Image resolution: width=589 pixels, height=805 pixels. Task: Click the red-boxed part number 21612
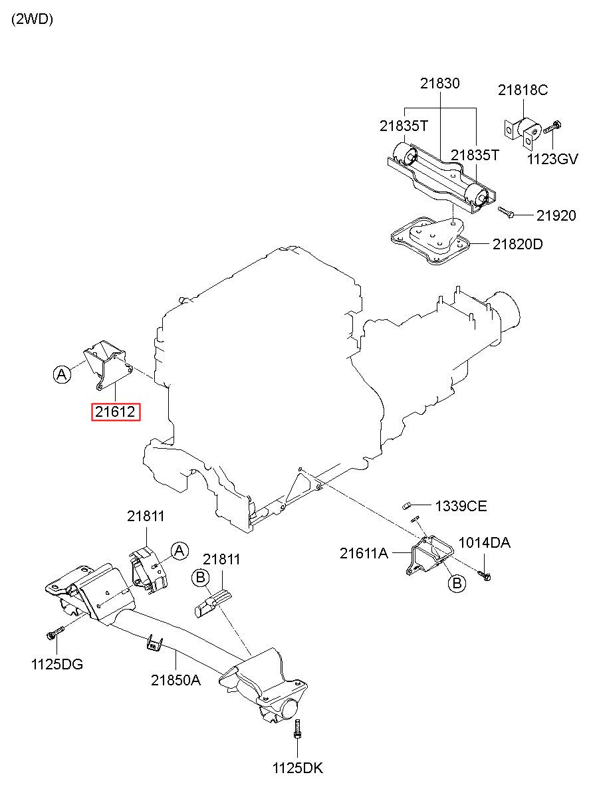(116, 412)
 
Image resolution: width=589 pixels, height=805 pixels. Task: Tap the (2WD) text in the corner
(32, 19)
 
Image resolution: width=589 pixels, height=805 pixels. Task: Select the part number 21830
(440, 83)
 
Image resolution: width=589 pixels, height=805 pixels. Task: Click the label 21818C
(523, 90)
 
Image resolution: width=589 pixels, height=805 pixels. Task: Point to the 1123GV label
(552, 159)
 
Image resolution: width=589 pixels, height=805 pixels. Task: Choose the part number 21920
(556, 215)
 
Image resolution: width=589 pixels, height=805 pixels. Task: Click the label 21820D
(517, 245)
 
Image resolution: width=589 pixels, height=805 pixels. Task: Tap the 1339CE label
(461, 507)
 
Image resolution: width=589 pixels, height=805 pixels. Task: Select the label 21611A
(364, 554)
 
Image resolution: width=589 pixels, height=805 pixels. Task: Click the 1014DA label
(485, 542)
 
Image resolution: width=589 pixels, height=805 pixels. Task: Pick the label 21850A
(176, 680)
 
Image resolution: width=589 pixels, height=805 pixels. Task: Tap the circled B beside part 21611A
(457, 582)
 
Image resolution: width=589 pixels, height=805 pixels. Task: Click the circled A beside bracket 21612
(62, 374)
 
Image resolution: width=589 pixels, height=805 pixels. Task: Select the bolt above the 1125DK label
(297, 729)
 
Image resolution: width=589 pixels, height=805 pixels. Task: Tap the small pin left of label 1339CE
(406, 507)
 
